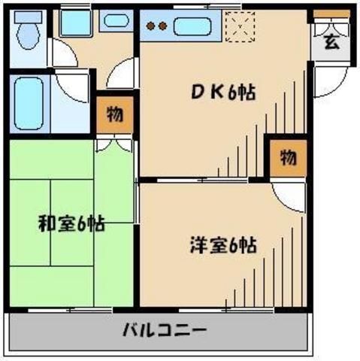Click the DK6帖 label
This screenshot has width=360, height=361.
pos(222,93)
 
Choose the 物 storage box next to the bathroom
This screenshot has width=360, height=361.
pos(114,115)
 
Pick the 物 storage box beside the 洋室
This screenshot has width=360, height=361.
pos(289,159)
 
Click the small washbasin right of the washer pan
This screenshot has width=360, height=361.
pos(116,20)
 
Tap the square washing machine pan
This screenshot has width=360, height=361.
pos(75,23)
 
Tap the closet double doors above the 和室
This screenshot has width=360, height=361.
pos(114,146)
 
